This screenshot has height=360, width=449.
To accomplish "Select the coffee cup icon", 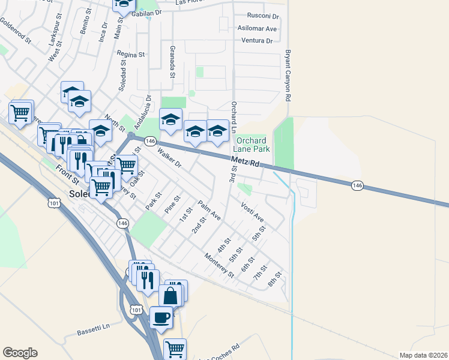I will click(161, 317).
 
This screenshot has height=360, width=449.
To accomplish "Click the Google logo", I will click(20, 353).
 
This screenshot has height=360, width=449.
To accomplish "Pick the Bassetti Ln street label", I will click(94, 329).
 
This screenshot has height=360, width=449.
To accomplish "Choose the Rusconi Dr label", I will click(263, 16).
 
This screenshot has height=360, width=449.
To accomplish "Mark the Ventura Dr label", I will click(257, 41).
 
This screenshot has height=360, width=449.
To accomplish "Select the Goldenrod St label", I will click(15, 31).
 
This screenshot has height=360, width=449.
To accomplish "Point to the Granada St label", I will click(172, 61).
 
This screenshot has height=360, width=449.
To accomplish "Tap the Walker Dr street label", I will click(169, 158).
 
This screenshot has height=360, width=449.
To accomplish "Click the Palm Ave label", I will click(209, 210).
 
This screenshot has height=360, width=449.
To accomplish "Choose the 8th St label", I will click(274, 279).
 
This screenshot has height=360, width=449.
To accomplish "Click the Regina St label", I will click(131, 55).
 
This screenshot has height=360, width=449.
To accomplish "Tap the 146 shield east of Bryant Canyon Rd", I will click(358, 186).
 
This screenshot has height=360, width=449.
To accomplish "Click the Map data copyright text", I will click(424, 355).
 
